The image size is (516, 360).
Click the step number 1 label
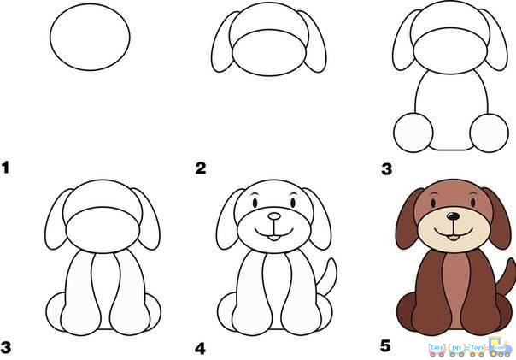point(6,168)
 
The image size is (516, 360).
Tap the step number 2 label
point(201,168)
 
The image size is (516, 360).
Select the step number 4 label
point(201,348)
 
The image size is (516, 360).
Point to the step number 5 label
point(384,346)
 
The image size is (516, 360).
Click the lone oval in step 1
point(91,40)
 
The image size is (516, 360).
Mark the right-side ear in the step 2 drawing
point(316,48)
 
